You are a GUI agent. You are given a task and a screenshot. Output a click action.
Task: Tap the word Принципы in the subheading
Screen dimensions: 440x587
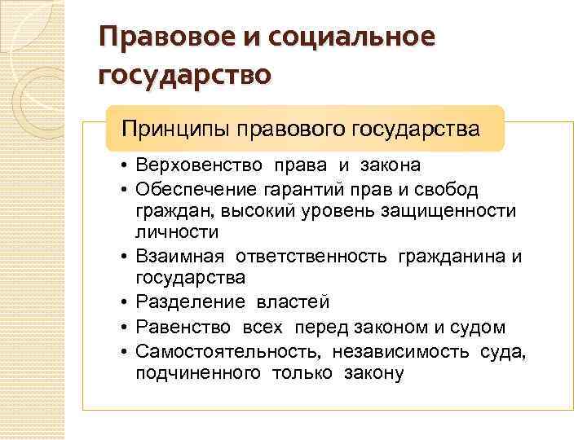tap(175, 128)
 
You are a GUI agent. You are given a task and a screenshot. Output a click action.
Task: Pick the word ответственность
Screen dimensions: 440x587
tap(312, 257)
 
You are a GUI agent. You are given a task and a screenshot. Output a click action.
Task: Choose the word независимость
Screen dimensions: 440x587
tap(386, 351)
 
